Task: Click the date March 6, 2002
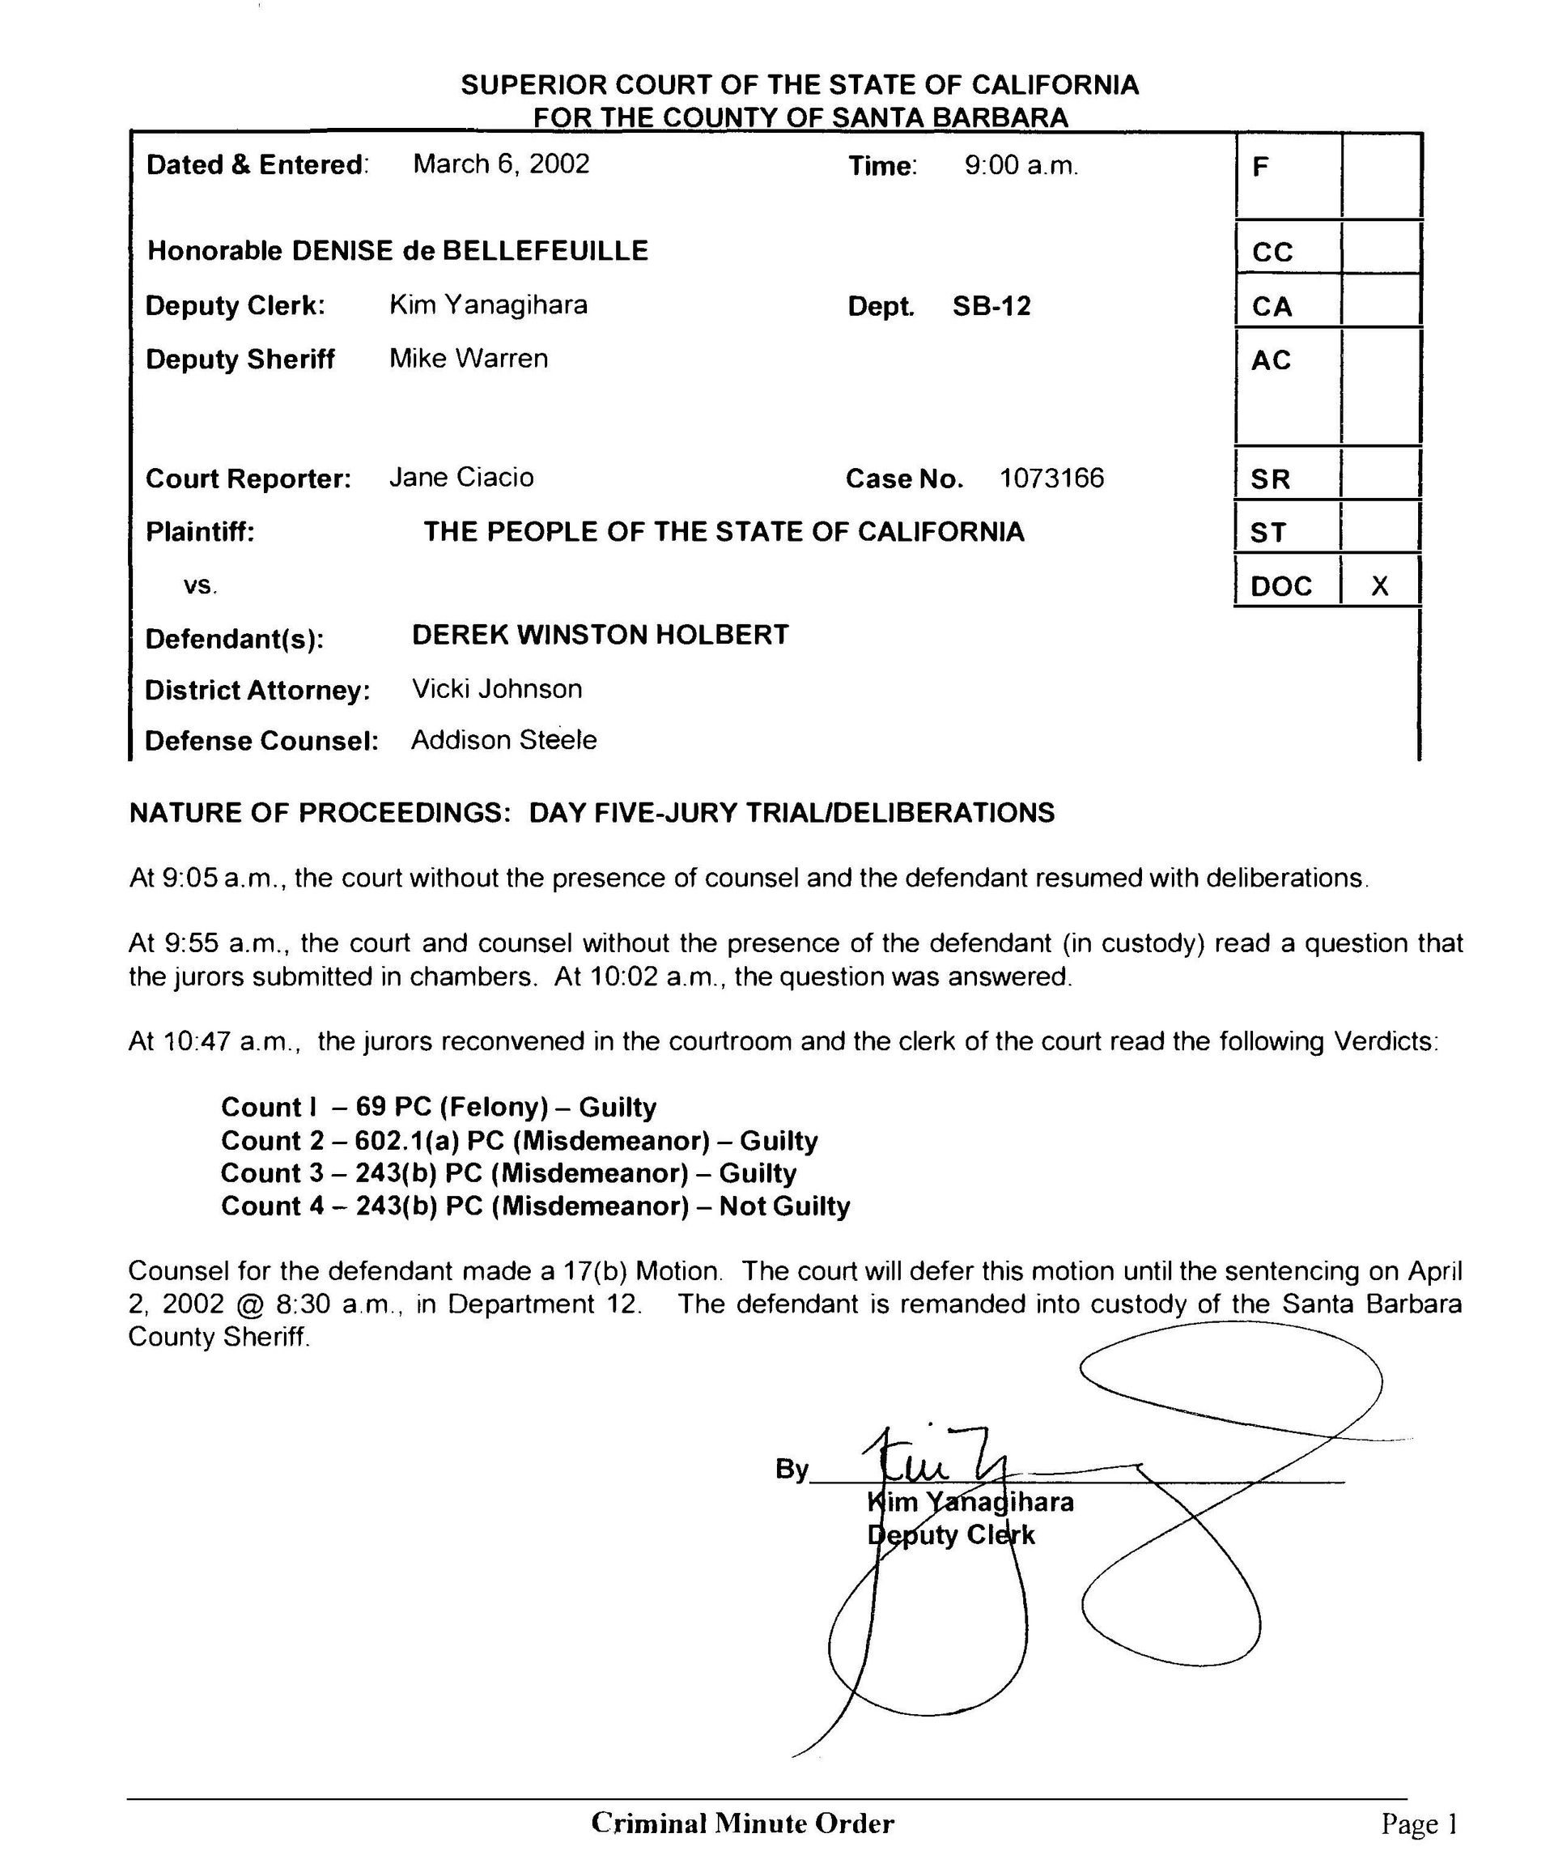[501, 164]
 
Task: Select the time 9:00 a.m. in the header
[1021, 166]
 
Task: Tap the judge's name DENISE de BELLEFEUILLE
[469, 250]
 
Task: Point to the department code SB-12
[991, 307]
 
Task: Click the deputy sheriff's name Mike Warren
[469, 359]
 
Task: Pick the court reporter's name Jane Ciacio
[461, 478]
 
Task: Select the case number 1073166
[1051, 479]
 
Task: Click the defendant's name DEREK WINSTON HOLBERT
[600, 635]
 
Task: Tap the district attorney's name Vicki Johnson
[496, 689]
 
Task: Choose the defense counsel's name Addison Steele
[503, 741]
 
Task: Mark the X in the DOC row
[1379, 585]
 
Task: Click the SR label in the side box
[1270, 479]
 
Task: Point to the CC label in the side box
[1272, 253]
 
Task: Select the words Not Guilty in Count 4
[784, 1206]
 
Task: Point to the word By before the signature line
[792, 1469]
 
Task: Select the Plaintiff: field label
[200, 532]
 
